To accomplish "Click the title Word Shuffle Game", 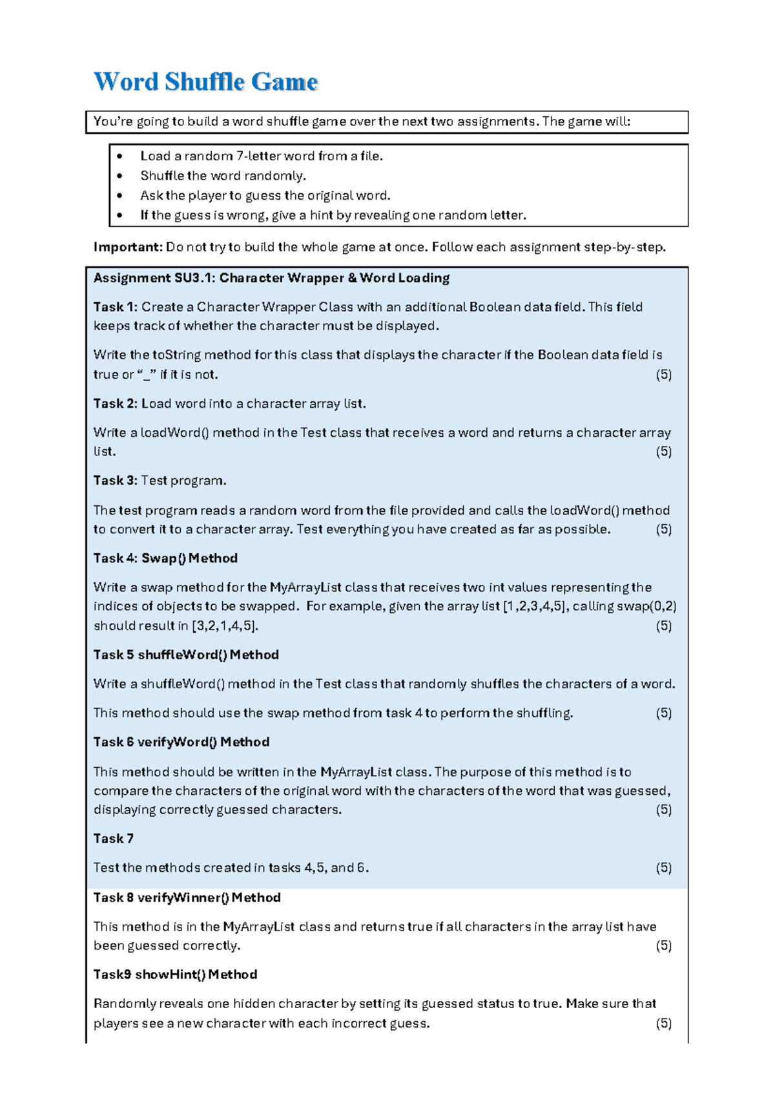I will tap(205, 82).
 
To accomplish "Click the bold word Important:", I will tap(127, 247).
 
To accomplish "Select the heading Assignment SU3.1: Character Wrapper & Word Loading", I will tap(271, 278).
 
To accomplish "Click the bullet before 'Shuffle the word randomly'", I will tap(119, 176).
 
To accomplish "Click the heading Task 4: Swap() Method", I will tap(165, 558).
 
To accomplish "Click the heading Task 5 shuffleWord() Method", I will tap(186, 655).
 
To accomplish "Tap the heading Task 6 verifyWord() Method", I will tap(181, 742).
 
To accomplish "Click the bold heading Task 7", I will tap(113, 839).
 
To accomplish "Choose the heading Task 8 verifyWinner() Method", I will tap(187, 898).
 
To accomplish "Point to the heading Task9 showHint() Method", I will tap(175, 975).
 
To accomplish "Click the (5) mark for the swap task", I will tap(663, 626).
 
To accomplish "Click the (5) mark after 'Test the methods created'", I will tap(663, 868).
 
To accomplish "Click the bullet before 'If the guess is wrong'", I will tap(119, 215).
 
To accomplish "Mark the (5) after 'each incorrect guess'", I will tap(663, 1023).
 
